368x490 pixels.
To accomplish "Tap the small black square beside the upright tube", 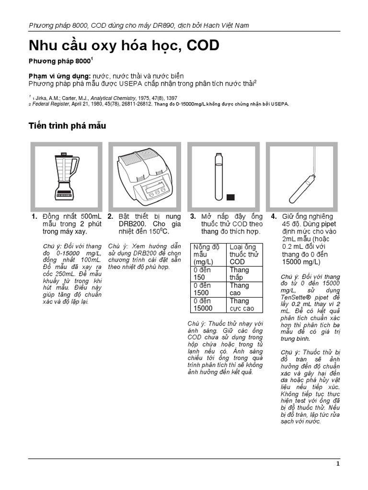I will (230, 197).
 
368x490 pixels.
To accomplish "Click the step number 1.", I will (34, 216).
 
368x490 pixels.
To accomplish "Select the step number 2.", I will (110, 216).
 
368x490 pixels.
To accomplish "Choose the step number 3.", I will (193, 216).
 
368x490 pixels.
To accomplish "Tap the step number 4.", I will (274, 216).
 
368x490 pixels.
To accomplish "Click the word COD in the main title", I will (199, 45).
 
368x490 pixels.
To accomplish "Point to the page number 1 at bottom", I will (338, 464).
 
